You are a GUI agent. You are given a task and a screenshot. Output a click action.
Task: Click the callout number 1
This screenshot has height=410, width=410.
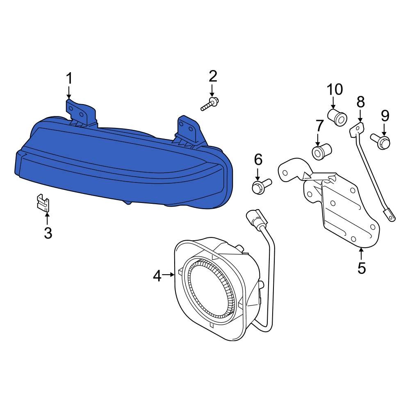(69, 78)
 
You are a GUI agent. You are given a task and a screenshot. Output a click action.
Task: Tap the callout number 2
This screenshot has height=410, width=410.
(212, 76)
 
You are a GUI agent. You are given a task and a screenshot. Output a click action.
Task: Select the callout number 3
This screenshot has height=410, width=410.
(48, 233)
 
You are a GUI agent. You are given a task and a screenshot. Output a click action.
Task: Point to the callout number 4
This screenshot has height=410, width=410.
(157, 276)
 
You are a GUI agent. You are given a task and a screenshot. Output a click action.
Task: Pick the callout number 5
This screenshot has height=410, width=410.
(361, 267)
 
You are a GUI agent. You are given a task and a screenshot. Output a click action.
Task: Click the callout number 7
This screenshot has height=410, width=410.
(319, 125)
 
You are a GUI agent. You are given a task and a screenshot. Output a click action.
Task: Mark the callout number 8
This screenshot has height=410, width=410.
(360, 102)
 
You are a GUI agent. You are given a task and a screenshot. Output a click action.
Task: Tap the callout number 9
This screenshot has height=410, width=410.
(385, 116)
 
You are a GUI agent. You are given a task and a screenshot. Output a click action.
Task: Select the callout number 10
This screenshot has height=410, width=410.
(335, 89)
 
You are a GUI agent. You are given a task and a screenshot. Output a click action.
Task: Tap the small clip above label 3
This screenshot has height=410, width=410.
(42, 201)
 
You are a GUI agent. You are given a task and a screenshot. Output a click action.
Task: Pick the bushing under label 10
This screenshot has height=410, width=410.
(338, 116)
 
